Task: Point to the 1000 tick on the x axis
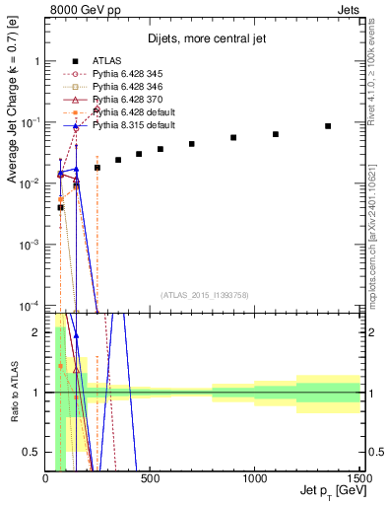(x=255, y=479)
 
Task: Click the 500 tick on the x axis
(x=150, y=479)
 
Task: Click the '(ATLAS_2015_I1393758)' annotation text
(x=203, y=293)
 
